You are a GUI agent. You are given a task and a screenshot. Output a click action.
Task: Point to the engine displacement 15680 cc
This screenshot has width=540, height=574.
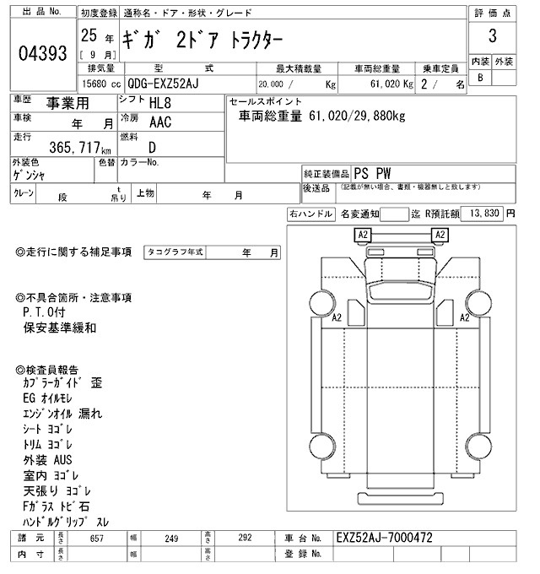point(101,85)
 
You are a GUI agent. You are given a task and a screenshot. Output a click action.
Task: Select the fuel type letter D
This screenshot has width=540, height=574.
point(152,146)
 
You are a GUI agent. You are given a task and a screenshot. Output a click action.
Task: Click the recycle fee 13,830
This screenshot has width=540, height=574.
point(483,214)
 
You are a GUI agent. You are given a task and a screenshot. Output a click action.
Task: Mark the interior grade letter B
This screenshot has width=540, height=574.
point(481,78)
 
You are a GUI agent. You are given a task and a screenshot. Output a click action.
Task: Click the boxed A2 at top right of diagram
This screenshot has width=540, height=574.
point(440,234)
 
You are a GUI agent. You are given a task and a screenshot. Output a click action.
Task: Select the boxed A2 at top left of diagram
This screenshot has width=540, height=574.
point(363,234)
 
